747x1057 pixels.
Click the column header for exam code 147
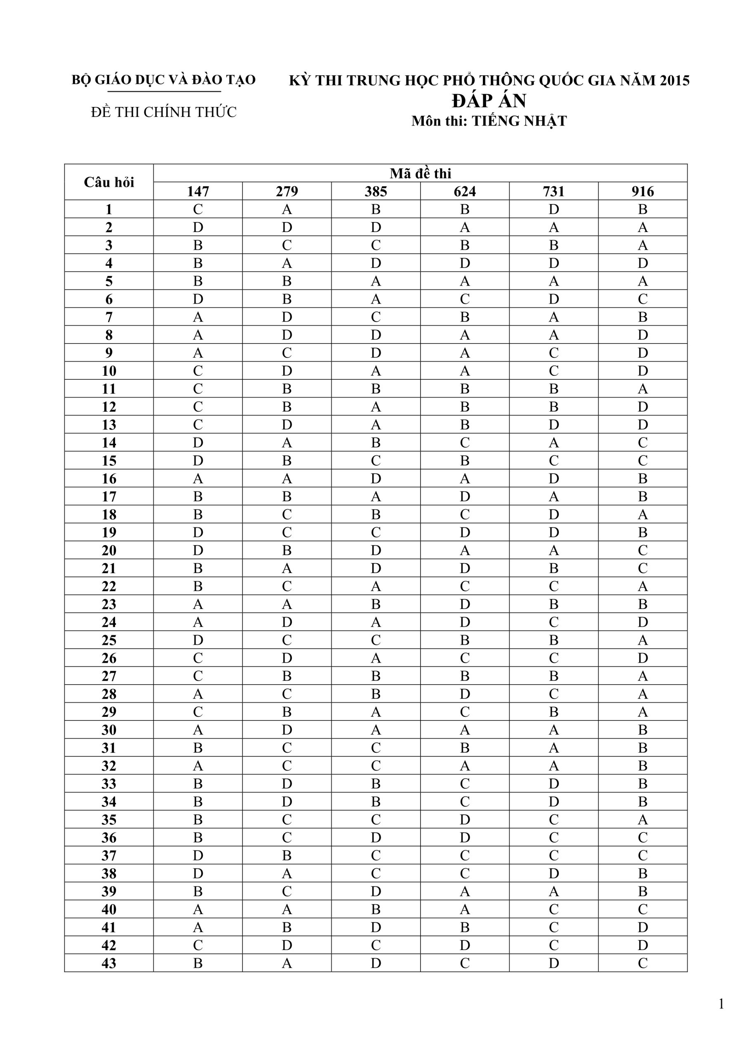point(198,191)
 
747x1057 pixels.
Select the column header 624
point(464,191)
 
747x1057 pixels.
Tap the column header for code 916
point(643,191)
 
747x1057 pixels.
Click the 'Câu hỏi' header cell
point(109,182)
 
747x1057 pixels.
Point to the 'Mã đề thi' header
point(420,173)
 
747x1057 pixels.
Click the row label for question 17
point(109,496)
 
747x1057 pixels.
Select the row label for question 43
point(109,963)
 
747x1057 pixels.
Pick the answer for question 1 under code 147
point(198,209)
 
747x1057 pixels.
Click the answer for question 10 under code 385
point(376,371)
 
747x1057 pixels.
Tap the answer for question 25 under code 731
point(554,640)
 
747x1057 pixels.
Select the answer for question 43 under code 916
point(643,963)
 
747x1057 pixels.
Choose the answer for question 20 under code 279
point(287,550)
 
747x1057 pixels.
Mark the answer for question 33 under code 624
point(464,784)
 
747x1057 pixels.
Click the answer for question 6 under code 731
point(554,299)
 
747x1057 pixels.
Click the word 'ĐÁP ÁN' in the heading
point(489,100)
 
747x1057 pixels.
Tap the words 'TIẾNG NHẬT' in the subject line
point(519,121)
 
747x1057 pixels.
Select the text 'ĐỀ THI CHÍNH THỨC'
point(163,112)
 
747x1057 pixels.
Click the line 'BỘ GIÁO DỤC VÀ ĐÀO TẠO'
point(163,80)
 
